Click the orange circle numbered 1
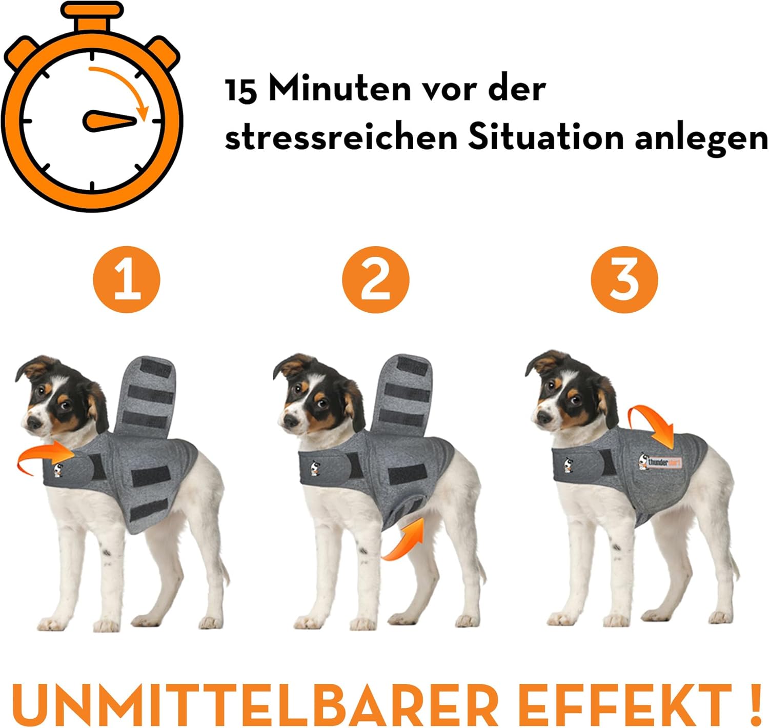pyautogui.click(x=126, y=279)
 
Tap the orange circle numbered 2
pyautogui.click(x=375, y=279)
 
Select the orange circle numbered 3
pyautogui.click(x=624, y=279)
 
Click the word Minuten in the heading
pyautogui.click(x=339, y=89)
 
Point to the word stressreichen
pyautogui.click(x=341, y=138)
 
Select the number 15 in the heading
pyautogui.click(x=240, y=90)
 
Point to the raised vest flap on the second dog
pyautogui.click(x=403, y=393)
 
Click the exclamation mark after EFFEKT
pyautogui.click(x=755, y=704)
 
